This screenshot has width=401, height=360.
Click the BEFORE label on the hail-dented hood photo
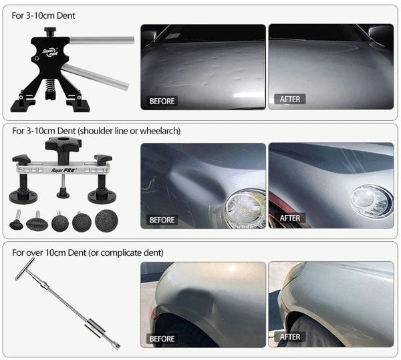[162, 101]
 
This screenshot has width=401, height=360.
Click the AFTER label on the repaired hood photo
[290, 99]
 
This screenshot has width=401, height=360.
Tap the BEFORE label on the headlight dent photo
[162, 219]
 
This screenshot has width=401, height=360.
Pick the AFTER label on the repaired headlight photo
[290, 218]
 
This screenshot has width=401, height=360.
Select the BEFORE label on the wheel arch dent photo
[162, 339]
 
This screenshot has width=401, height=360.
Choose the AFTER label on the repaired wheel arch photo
[290, 337]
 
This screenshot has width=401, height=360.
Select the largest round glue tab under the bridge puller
[106, 220]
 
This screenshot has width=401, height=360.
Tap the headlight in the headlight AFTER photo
[371, 200]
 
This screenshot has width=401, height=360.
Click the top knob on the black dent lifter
[50, 30]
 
